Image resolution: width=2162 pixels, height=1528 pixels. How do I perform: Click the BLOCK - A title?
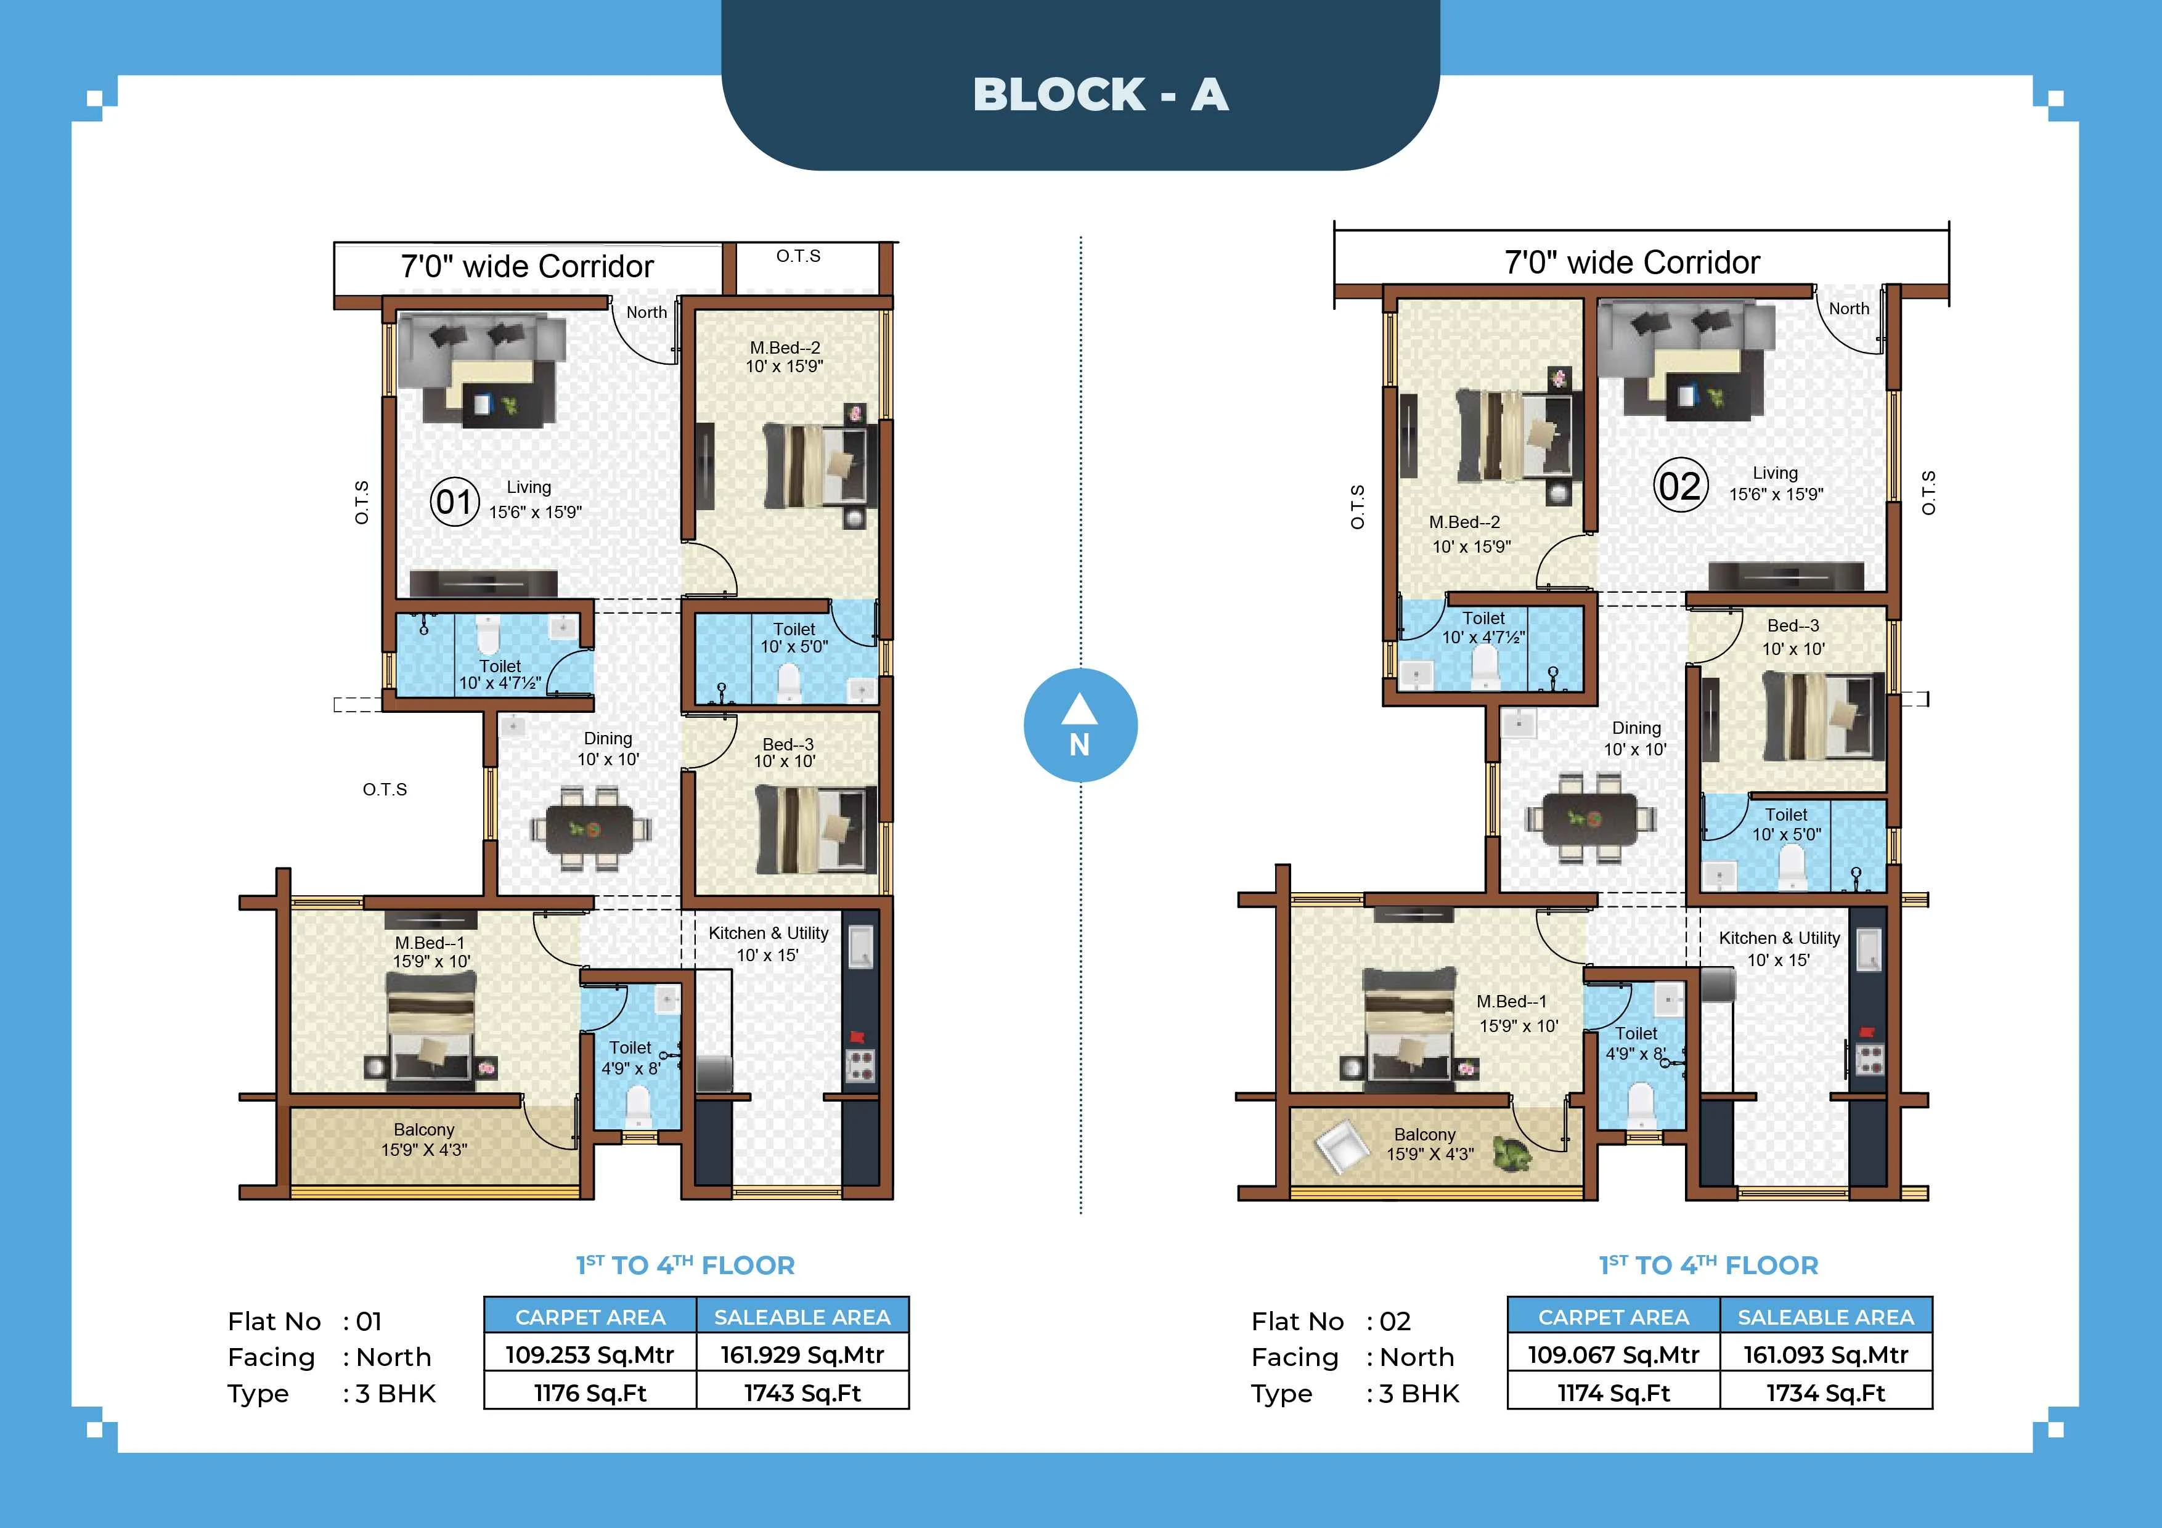(x=1100, y=95)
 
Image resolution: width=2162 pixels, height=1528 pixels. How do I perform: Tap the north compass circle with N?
(x=1080, y=726)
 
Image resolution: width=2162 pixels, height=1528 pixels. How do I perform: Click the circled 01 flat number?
(x=455, y=501)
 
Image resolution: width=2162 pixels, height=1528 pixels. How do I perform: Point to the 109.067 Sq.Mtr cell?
(x=1613, y=1355)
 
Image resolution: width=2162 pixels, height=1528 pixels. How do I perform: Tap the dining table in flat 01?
(x=590, y=829)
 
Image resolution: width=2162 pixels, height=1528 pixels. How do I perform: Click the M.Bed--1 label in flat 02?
(x=1511, y=1002)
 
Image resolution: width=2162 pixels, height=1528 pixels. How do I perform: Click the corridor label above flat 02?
(x=1632, y=262)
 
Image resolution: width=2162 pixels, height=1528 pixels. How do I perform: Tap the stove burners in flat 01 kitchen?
(x=860, y=1066)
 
